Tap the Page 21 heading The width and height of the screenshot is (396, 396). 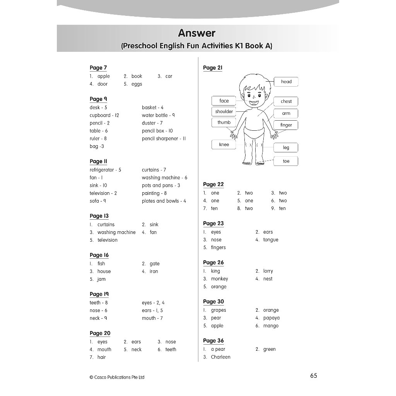pos(213,68)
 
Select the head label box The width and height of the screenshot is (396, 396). pos(286,82)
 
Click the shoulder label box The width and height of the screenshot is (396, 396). pos(224,111)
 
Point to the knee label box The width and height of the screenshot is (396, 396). pos(224,145)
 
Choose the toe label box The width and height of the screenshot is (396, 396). pos(286,161)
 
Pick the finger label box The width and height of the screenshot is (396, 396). pos(286,125)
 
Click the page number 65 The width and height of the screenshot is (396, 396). pos(313,376)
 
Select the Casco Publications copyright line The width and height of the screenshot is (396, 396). pos(117,377)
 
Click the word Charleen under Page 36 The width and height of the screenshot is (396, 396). pos(220,357)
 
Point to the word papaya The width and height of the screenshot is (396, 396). pos(271,318)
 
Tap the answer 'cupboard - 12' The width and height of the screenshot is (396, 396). pos(104,115)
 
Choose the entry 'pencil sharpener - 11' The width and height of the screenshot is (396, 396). pos(164,138)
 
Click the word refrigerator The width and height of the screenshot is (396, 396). pos(102,170)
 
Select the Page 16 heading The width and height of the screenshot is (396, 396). pos(99,255)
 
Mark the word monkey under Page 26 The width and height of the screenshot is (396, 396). pos(219,279)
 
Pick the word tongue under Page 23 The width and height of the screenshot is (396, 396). pos(271,240)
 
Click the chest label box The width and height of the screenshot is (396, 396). pos(286,101)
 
